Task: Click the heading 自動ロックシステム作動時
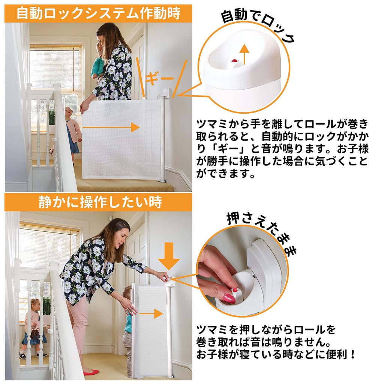pos(99,13)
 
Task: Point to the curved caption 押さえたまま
pos(262,231)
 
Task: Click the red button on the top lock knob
pos(235,60)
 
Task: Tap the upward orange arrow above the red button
pos(244,54)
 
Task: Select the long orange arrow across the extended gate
pos(111,127)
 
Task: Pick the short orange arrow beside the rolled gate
pos(151,314)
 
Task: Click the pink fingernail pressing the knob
pos(229,298)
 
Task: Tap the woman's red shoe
pos(91,372)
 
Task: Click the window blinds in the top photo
pos(55,69)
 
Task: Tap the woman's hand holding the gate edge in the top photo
pos(84,107)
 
